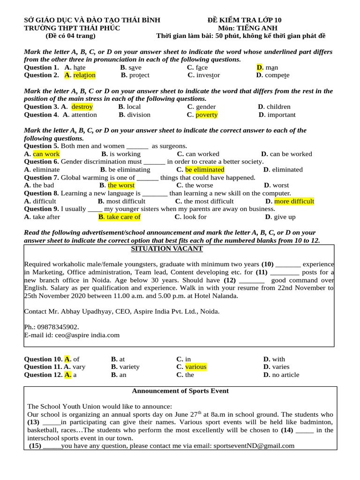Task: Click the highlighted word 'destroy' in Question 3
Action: click(x=82, y=107)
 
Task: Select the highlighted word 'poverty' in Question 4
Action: click(x=206, y=115)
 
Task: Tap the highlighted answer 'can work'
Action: click(x=46, y=154)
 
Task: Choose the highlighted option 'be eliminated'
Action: click(x=204, y=170)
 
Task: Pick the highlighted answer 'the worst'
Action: click(x=121, y=185)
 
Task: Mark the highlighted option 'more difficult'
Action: click(x=294, y=202)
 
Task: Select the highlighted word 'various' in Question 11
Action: click(x=195, y=367)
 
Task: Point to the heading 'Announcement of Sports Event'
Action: click(x=180, y=391)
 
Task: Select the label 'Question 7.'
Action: click(x=41, y=178)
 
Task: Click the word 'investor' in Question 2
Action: click(x=208, y=75)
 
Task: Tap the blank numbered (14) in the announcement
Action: click(x=304, y=430)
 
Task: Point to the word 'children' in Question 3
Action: click(x=278, y=107)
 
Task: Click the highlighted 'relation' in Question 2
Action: click(x=84, y=75)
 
